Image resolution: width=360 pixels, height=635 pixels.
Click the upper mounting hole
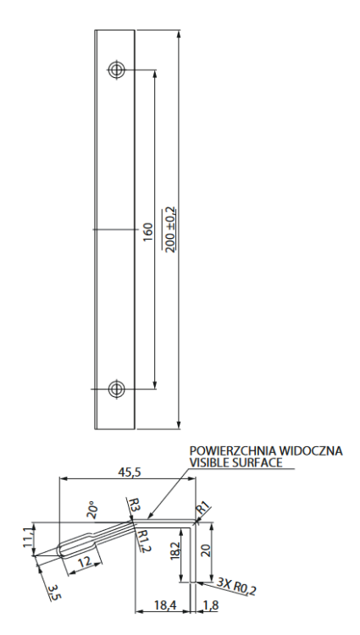pyautogui.click(x=117, y=69)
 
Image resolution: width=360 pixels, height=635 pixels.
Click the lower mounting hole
pyautogui.click(x=117, y=389)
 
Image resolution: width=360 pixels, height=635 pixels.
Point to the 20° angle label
pyautogui.click(x=92, y=509)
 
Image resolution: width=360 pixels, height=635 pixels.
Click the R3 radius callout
pyautogui.click(x=134, y=505)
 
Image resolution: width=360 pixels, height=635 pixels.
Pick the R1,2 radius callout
pyautogui.click(x=143, y=538)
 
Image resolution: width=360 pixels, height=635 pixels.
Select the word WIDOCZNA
pyautogui.click(x=313, y=450)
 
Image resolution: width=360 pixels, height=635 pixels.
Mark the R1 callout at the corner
pyautogui.click(x=203, y=508)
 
